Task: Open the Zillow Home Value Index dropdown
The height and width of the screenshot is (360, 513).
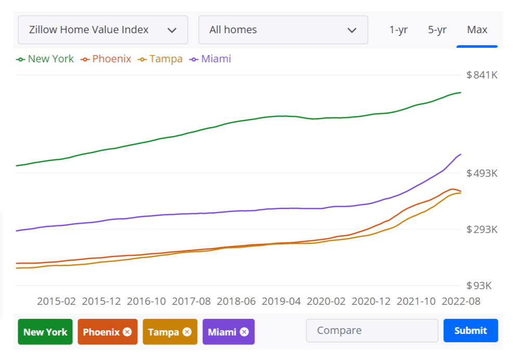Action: pyautogui.click(x=102, y=30)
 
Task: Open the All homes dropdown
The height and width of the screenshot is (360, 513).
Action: pyautogui.click(x=283, y=30)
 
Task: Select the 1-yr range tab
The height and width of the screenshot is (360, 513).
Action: pyautogui.click(x=398, y=30)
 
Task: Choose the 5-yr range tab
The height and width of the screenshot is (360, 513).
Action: pyautogui.click(x=437, y=30)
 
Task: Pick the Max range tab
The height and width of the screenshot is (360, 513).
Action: pyautogui.click(x=477, y=30)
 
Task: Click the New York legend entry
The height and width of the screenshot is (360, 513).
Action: pyautogui.click(x=45, y=59)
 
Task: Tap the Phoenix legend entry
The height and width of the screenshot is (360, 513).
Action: pyautogui.click(x=106, y=59)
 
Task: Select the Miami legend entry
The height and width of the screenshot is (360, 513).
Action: pyautogui.click(x=211, y=59)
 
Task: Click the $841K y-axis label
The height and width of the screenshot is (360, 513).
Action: pyautogui.click(x=482, y=75)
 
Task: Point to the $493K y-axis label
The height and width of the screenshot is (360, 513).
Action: pyautogui.click(x=482, y=173)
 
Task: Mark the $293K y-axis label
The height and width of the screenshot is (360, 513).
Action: pyautogui.click(x=482, y=229)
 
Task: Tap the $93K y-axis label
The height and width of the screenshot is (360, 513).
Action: pyautogui.click(x=479, y=286)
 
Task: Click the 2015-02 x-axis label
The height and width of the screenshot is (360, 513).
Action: pyautogui.click(x=56, y=301)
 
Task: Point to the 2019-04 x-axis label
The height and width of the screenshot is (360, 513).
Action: pyautogui.click(x=281, y=301)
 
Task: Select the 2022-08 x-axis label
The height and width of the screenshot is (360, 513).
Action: pyautogui.click(x=461, y=301)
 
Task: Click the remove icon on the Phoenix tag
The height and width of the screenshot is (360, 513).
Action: pyautogui.click(x=127, y=332)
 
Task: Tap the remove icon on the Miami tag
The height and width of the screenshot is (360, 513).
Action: pyautogui.click(x=244, y=332)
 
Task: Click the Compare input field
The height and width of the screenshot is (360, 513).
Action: pyautogui.click(x=372, y=330)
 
